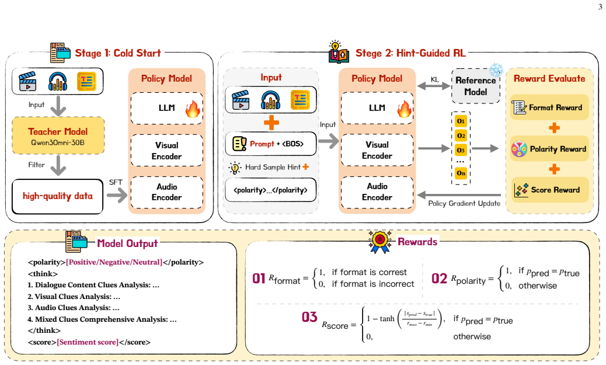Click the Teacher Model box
pos(58,135)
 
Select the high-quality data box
pos(58,196)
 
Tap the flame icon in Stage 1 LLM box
pos(193,109)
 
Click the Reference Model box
pos(475,86)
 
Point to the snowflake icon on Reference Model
pos(496,70)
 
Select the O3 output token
pos(461,150)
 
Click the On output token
pos(461,173)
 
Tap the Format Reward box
pos(549,107)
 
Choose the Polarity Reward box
pos(549,149)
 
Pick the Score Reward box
pos(549,190)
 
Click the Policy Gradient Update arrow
pos(459,195)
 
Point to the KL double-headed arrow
pos(434,86)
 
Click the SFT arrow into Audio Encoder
pos(117,195)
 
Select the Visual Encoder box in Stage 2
pos(377,150)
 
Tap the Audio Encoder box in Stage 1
pos(166,192)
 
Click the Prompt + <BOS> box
pos(270,144)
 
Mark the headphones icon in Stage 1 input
pos(58,82)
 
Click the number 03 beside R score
pos(309,317)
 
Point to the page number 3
pos(600,7)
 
